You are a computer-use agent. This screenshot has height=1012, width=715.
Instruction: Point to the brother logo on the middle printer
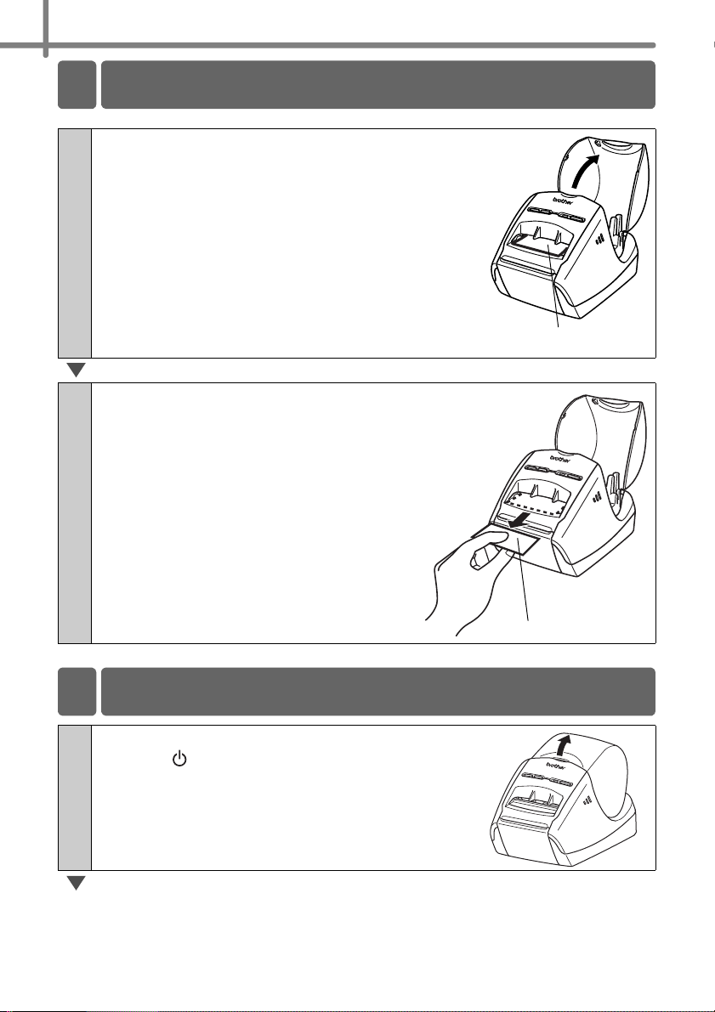click(560, 458)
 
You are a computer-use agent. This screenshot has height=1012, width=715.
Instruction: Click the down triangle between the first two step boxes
click(77, 370)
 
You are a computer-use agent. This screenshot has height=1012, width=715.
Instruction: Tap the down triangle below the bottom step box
click(77, 883)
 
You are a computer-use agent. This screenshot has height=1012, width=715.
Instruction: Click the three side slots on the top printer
click(600, 239)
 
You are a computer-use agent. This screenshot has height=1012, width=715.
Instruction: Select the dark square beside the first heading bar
click(77, 85)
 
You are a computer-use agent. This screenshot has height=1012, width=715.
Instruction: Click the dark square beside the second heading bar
click(77, 691)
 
